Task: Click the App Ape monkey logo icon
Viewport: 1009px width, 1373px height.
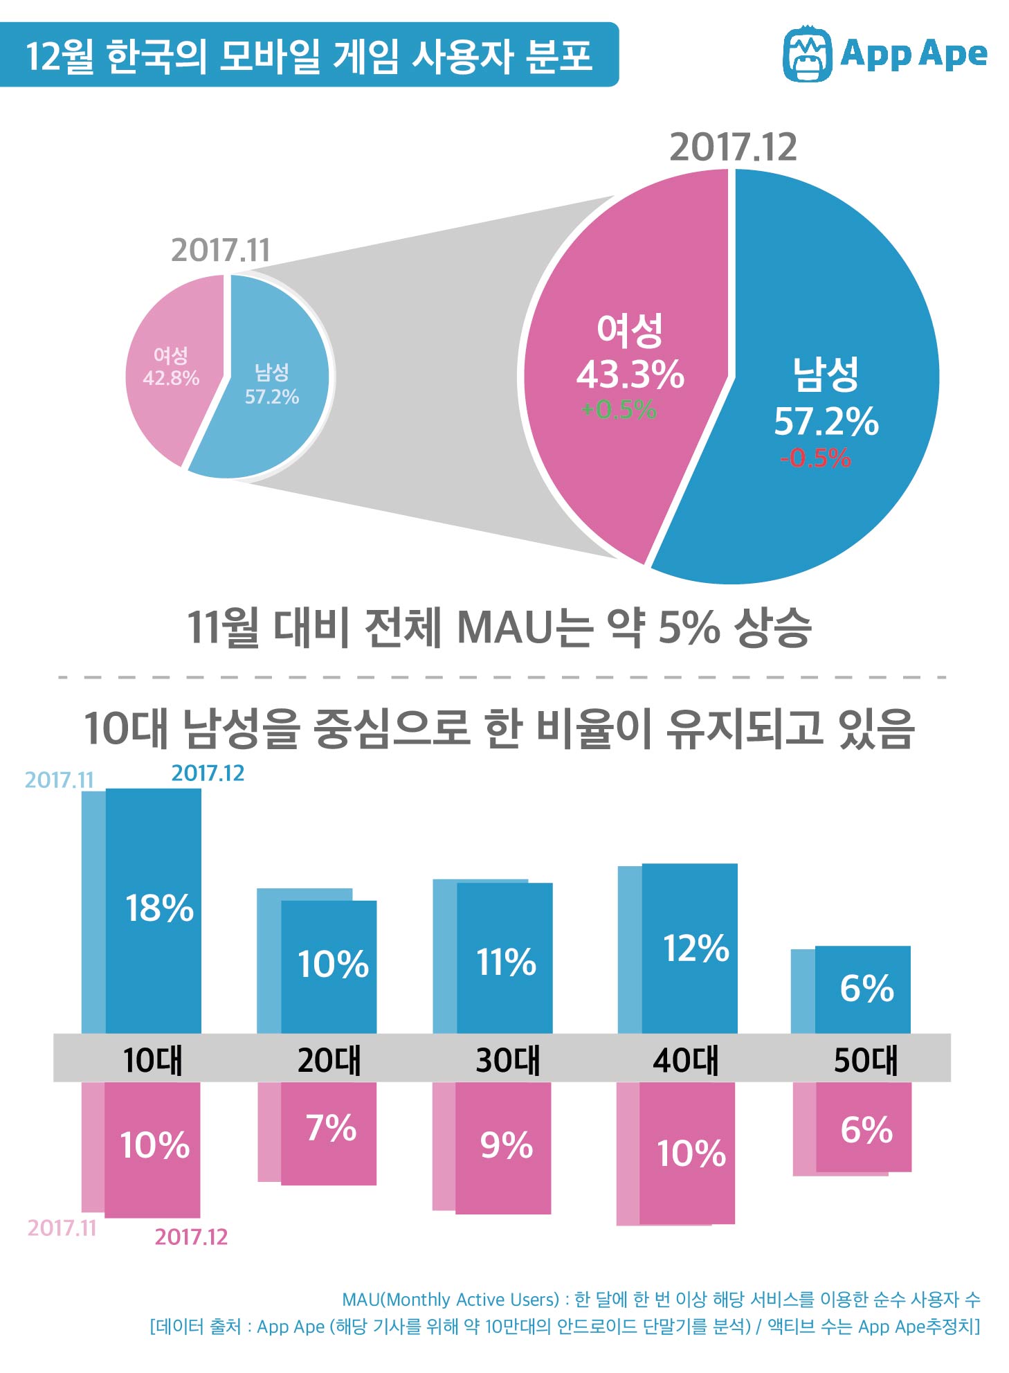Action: pyautogui.click(x=806, y=54)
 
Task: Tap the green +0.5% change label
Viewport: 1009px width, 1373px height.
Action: pyautogui.click(x=619, y=410)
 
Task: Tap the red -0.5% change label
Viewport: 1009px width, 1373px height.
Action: pyautogui.click(x=815, y=458)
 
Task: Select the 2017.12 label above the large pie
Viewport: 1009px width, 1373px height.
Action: pyautogui.click(x=733, y=147)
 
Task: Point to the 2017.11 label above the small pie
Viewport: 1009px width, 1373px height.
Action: pyautogui.click(x=220, y=250)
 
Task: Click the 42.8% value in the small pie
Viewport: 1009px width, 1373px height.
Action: pyautogui.click(x=171, y=378)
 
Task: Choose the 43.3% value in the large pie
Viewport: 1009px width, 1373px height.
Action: pyautogui.click(x=630, y=375)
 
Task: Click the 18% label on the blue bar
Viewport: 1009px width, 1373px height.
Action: pyautogui.click(x=159, y=908)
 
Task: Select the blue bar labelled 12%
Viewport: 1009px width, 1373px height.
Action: pyautogui.click(x=689, y=948)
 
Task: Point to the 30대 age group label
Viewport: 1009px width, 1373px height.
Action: pyautogui.click(x=507, y=1060)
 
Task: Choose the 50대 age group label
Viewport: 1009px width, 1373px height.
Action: pyautogui.click(x=865, y=1060)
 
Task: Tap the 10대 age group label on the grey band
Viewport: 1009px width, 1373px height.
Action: pyautogui.click(x=152, y=1060)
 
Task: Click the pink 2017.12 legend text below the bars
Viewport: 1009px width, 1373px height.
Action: pyautogui.click(x=191, y=1237)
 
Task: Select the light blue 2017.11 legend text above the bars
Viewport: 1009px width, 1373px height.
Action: pyautogui.click(x=59, y=780)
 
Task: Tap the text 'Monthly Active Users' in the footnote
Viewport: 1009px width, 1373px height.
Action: pyautogui.click(x=472, y=1299)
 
